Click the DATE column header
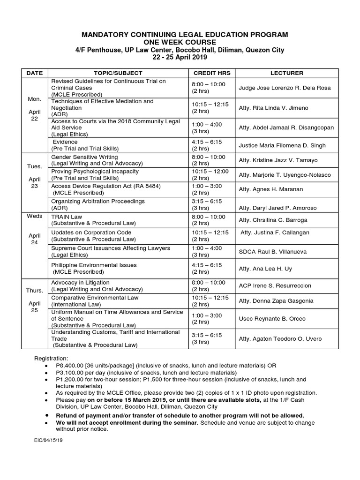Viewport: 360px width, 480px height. [x=34, y=73]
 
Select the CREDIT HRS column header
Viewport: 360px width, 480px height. [x=212, y=73]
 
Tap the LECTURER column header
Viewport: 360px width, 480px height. [x=287, y=73]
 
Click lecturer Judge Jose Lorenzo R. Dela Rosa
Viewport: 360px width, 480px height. [x=285, y=88]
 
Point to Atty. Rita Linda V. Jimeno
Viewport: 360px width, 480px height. [x=273, y=108]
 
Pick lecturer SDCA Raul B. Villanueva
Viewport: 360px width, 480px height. [x=273, y=252]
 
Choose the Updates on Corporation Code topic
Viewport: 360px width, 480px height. [x=91, y=232]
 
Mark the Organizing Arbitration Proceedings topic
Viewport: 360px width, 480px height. [x=98, y=201]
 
